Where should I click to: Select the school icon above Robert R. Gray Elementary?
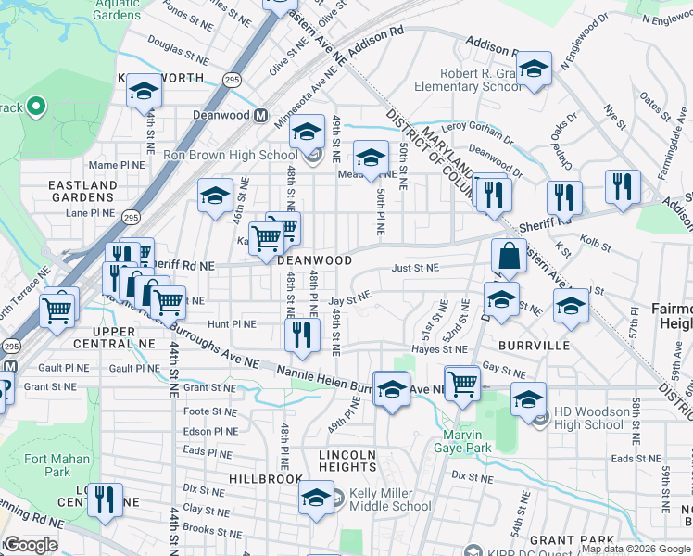[533, 70]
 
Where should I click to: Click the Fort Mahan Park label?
[57, 465]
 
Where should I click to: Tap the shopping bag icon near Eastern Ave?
[509, 257]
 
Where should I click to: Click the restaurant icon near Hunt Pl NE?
[301, 335]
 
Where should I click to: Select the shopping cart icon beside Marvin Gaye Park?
[461, 382]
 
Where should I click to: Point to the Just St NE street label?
[414, 269]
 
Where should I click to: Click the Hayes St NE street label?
[442, 349]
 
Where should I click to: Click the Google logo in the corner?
[31, 545]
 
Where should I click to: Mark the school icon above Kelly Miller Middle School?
[316, 498]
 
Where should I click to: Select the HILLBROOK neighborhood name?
[268, 479]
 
